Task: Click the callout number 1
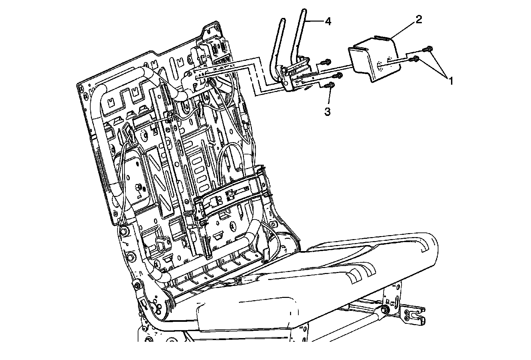[450, 80]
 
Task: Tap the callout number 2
[418, 20]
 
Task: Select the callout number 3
[327, 112]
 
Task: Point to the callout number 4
[328, 22]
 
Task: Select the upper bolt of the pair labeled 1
[428, 49]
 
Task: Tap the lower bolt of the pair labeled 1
[415, 59]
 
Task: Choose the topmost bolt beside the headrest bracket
[326, 61]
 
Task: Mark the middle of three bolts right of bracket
[338, 75]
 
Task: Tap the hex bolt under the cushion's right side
[385, 310]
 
